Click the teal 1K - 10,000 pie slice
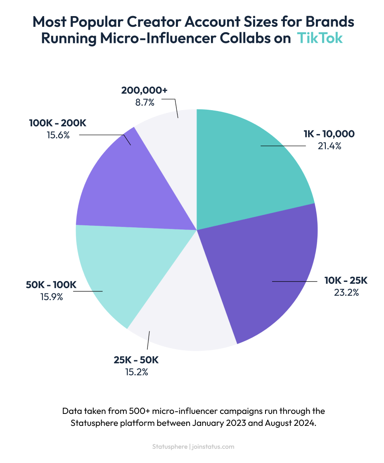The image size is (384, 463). [x=248, y=165]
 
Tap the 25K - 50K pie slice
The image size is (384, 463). [x=186, y=314]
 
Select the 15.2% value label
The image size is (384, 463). [x=136, y=372]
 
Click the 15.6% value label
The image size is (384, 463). [x=58, y=135]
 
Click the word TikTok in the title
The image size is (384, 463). [x=320, y=38]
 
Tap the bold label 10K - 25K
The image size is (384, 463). [x=346, y=281]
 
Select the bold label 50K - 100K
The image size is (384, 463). [x=52, y=285]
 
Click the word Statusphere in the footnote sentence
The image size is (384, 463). [x=91, y=423]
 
